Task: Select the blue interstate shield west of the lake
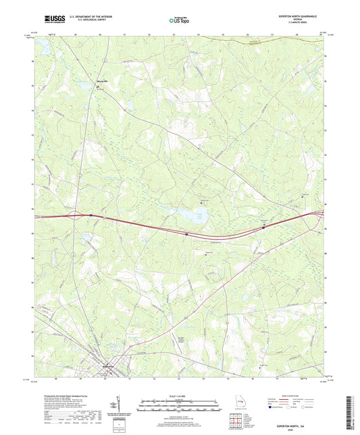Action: [185, 234]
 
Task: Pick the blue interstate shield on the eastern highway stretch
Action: [263, 228]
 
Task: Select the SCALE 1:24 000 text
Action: [179, 395]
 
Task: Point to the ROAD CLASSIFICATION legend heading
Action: [295, 393]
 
